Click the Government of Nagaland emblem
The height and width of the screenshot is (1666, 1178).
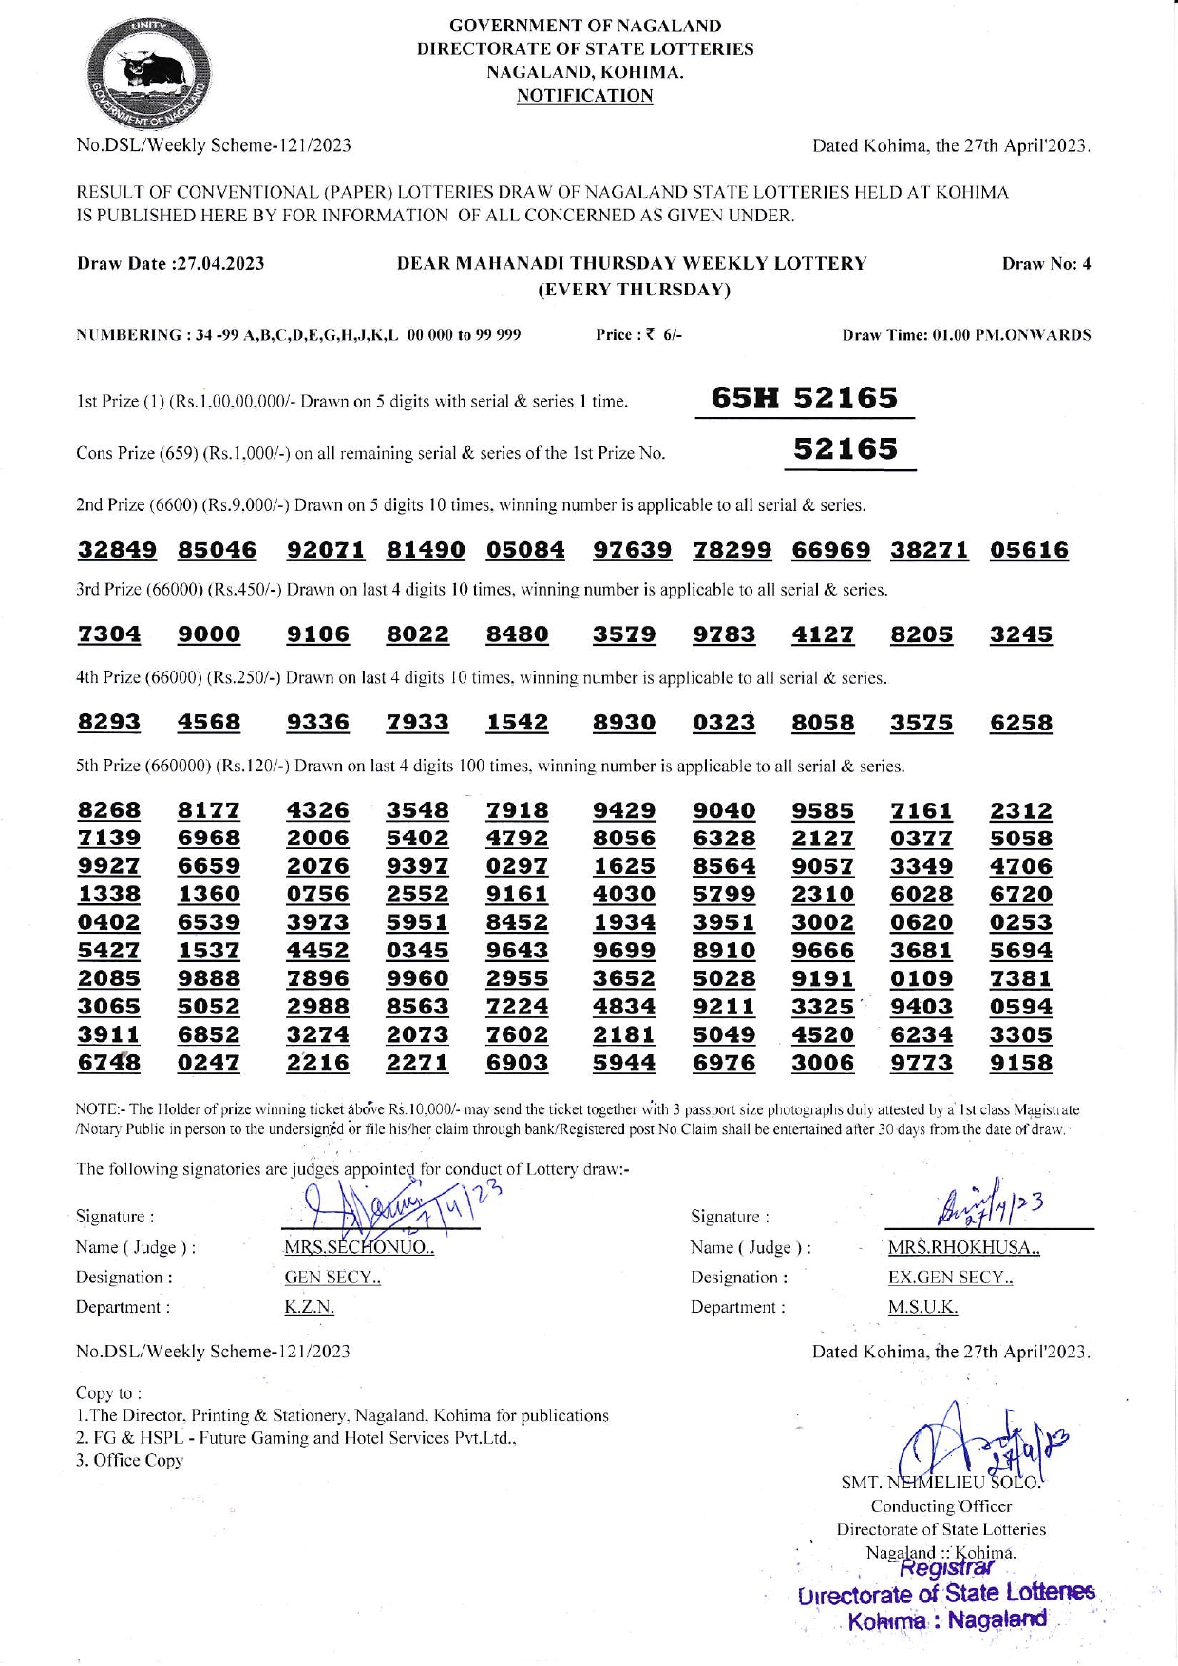tap(150, 74)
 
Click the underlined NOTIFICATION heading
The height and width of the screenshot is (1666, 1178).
tap(584, 96)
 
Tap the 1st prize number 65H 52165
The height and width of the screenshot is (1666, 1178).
tap(804, 398)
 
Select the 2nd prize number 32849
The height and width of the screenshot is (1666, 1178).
tap(117, 550)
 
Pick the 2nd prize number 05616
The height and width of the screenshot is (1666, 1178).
tap(1029, 550)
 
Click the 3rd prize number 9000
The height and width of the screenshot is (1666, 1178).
tap(209, 634)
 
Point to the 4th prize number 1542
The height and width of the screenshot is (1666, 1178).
tap(517, 723)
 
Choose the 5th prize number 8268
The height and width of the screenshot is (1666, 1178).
tap(109, 810)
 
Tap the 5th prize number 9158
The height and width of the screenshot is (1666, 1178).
tap(1021, 1063)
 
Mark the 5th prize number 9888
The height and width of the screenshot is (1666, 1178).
tap(209, 978)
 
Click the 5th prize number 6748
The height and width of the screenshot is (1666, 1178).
tap(109, 1063)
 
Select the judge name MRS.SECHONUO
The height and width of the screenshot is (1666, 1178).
tap(358, 1247)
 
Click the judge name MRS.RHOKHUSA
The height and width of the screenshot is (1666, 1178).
tap(963, 1247)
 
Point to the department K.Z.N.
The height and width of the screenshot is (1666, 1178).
tap(309, 1307)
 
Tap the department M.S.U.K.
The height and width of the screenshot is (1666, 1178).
tap(922, 1307)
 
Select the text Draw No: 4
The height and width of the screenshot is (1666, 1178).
tap(1046, 264)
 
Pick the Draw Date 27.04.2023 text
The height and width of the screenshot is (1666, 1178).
tap(171, 264)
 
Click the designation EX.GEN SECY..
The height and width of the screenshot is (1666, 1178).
tap(950, 1278)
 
